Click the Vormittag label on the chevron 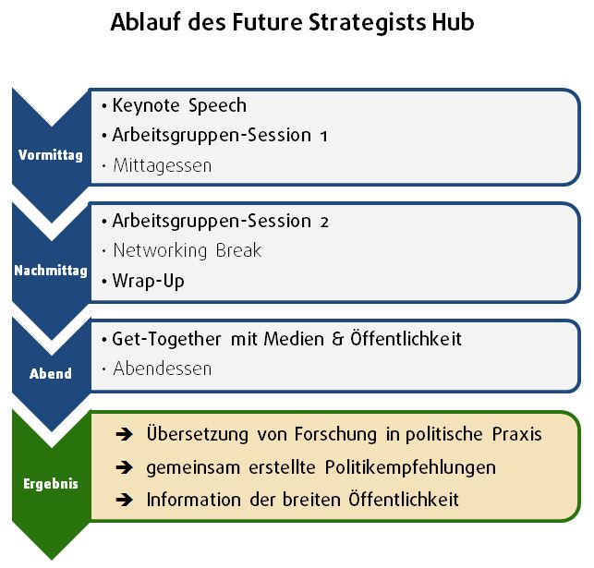(x=51, y=155)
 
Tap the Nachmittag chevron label (x=51, y=271)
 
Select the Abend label (x=51, y=374)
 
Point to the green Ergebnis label (x=51, y=484)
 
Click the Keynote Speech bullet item (x=179, y=105)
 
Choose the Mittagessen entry (x=163, y=166)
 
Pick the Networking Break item (x=188, y=250)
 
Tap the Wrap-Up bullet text (x=148, y=282)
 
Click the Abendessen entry (x=163, y=369)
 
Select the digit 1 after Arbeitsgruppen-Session (x=323, y=137)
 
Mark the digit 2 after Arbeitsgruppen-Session (x=324, y=223)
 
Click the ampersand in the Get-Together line (x=337, y=339)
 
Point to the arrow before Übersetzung (x=125, y=434)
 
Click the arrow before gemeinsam (x=125, y=467)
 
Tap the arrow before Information (x=125, y=500)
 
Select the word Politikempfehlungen (x=410, y=468)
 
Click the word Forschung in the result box (x=335, y=435)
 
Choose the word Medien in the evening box (x=294, y=339)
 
